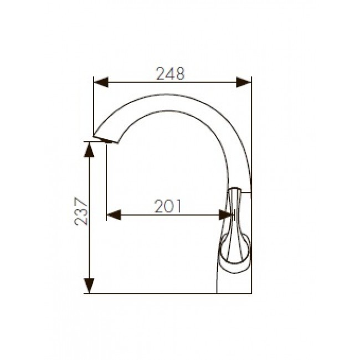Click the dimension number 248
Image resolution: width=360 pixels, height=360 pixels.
pyautogui.click(x=170, y=74)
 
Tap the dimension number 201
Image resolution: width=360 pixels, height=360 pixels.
pyautogui.click(x=168, y=206)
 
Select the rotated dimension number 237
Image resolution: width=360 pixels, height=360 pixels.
pyautogui.click(x=81, y=211)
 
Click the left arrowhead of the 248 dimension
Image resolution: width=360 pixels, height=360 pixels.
pyautogui.click(x=101, y=82)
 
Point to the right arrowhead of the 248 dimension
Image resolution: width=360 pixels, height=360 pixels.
pyautogui.click(x=244, y=82)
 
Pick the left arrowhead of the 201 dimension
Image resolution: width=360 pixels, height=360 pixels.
pyautogui.click(x=114, y=215)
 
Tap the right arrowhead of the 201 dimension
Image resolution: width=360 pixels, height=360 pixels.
pyautogui.click(x=226, y=215)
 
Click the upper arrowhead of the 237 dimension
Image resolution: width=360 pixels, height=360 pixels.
pyautogui.click(x=89, y=150)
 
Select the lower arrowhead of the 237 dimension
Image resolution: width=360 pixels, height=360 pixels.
pyautogui.click(x=89, y=286)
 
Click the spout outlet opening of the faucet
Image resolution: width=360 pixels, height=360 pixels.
pyautogui.click(x=106, y=140)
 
